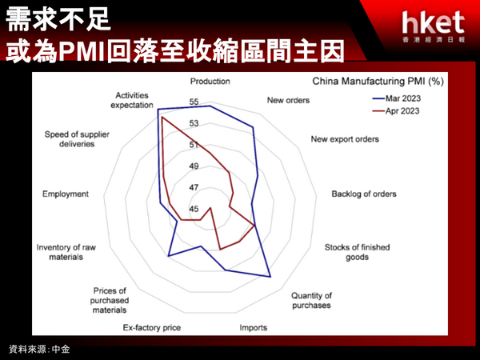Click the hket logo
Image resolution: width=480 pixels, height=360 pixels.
pyautogui.click(x=434, y=26)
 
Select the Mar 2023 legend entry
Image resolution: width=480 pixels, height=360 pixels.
pyautogui.click(x=396, y=98)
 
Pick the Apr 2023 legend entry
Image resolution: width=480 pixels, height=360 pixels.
pyautogui.click(x=396, y=111)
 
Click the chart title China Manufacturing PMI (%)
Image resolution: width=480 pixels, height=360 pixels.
pyautogui.click(x=378, y=81)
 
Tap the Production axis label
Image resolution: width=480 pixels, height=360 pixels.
pyautogui.click(x=210, y=81)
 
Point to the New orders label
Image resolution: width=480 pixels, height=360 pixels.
pyautogui.click(x=288, y=100)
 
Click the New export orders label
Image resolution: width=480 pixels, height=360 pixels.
pyautogui.click(x=345, y=139)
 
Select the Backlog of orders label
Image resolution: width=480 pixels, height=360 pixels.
pyautogui.click(x=364, y=194)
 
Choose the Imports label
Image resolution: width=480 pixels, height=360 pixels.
pyautogui.click(x=253, y=327)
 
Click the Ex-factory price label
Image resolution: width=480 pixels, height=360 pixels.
pyautogui.click(x=152, y=327)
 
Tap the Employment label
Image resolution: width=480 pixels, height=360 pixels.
pyautogui.click(x=66, y=194)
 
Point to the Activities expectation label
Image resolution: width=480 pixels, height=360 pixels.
pyautogui.click(x=132, y=100)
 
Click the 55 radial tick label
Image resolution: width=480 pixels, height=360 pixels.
pyautogui.click(x=194, y=102)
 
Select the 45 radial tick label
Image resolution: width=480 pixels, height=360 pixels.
pyautogui.click(x=194, y=209)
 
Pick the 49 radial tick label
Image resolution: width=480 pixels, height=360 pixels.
pyautogui.click(x=194, y=166)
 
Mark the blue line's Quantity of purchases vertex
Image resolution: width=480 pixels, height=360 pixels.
pyautogui.click(x=270, y=277)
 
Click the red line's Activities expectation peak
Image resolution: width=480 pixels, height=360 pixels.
pyautogui.click(x=162, y=118)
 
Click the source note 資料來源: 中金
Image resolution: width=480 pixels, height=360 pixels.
pyautogui.click(x=39, y=349)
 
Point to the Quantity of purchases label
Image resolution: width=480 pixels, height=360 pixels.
pyautogui.click(x=311, y=300)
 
